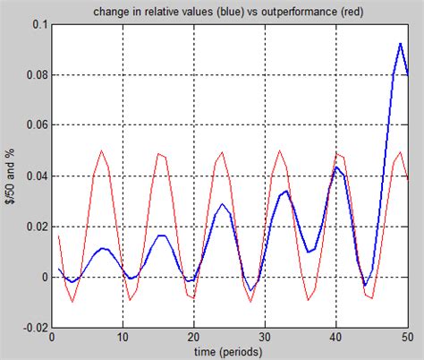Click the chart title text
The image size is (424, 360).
229,11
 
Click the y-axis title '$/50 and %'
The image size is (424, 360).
9,176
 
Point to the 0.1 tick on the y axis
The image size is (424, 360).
37,24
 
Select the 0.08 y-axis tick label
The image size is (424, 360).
33,75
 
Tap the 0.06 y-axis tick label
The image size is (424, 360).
33,126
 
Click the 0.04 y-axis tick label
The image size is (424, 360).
33,176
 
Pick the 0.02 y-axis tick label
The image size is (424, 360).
33,227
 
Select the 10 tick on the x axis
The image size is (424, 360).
123,339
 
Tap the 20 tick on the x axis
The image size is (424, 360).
193,339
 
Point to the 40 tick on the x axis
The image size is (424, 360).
335,339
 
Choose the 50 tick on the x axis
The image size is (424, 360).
406,339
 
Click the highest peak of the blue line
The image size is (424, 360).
399,43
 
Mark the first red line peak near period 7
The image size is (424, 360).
101,151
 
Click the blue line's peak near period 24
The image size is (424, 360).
222,204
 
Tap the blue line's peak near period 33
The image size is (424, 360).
285,191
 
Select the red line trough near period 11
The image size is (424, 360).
130,300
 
